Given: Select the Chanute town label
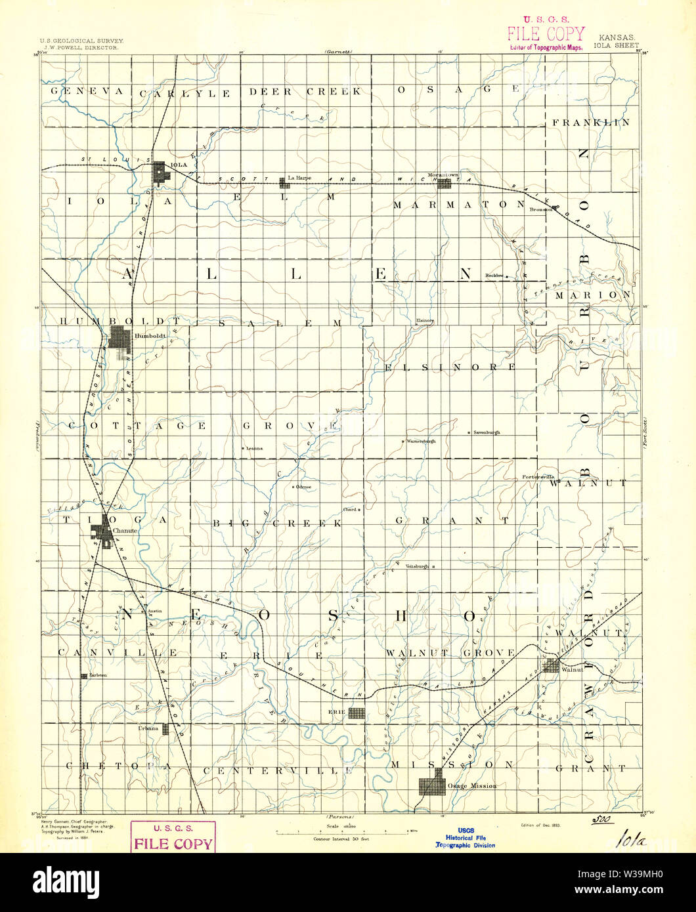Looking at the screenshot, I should tap(123, 531).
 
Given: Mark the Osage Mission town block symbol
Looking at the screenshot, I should tap(432, 786).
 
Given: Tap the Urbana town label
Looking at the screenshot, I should tap(148, 728).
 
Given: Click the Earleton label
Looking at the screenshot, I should tap(94, 675).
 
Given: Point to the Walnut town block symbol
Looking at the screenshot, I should tap(550, 666).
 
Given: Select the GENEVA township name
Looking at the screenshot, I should tap(87, 91).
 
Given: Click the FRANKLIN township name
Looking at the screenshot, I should tap(590, 123).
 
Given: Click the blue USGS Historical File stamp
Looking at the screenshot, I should tap(466, 837).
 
